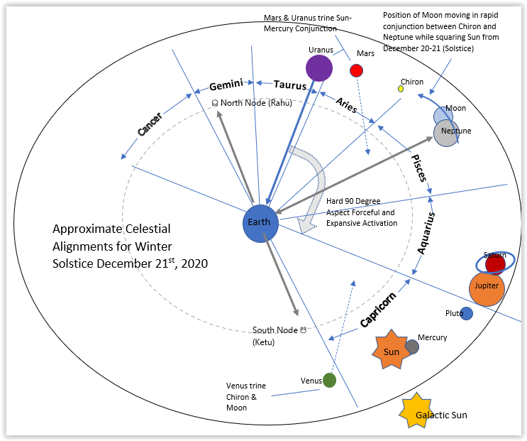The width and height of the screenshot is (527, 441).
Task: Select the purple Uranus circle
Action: click(319, 67)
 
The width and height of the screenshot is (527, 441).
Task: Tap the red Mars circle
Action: click(356, 70)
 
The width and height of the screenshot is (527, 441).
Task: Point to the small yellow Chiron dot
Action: click(401, 89)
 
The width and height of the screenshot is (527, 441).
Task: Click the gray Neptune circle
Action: click(447, 134)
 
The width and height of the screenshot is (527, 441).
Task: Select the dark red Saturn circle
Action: click(495, 263)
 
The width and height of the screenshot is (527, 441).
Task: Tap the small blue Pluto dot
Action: click(466, 313)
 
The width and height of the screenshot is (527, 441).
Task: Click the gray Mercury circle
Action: click(411, 347)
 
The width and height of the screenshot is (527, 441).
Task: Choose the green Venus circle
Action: click(329, 380)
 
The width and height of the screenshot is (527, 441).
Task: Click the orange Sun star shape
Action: click(391, 350)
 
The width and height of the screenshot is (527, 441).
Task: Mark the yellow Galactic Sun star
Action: click(415, 412)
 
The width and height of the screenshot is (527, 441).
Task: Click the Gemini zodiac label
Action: click(226, 85)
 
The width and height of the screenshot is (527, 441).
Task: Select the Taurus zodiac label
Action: click(289, 84)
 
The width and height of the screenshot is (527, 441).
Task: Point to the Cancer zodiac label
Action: click(150, 124)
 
